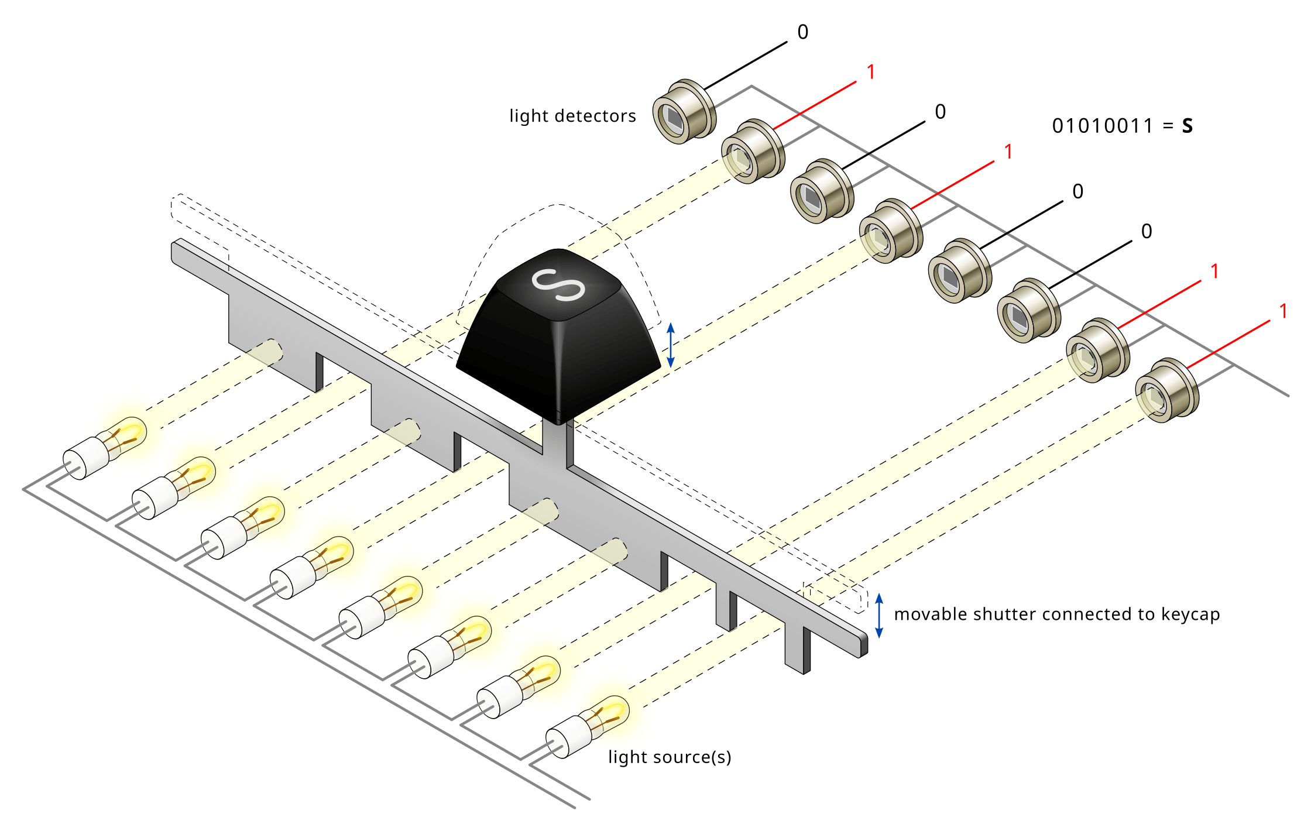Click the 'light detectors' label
tap(572, 116)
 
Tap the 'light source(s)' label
tap(669, 757)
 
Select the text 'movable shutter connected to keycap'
tap(1056, 614)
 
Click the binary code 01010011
tap(1102, 126)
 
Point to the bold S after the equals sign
tap(1187, 126)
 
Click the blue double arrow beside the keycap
tap(671, 345)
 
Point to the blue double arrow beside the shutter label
tap(878, 615)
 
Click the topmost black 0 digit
tap(802, 32)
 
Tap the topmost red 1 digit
tap(871, 72)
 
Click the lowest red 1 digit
tap(1283, 311)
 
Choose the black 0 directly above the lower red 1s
tap(1146, 231)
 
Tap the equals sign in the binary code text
tap(1168, 126)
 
